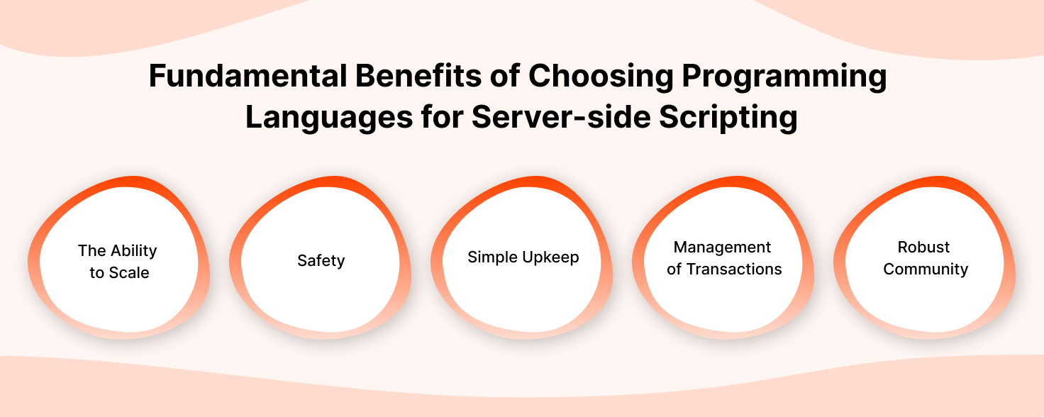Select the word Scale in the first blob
(x=129, y=273)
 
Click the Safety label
(x=321, y=261)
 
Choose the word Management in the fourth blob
(x=722, y=248)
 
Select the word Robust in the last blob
(x=923, y=248)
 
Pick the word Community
(x=925, y=270)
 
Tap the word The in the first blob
(x=91, y=251)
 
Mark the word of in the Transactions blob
(x=674, y=269)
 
